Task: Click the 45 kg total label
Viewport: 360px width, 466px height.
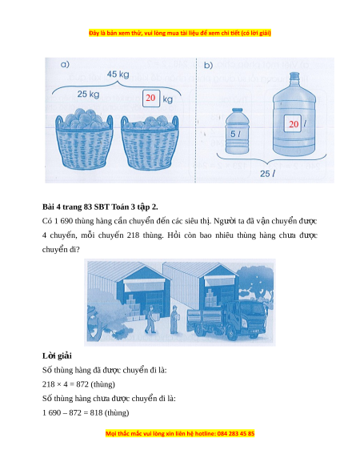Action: click(118, 74)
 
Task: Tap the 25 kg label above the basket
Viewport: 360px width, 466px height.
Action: click(88, 94)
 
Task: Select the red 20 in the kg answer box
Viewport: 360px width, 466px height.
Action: click(150, 98)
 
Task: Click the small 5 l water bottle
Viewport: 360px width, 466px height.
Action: click(237, 131)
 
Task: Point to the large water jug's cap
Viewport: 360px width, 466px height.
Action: click(294, 76)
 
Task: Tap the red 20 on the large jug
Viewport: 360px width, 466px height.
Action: click(294, 124)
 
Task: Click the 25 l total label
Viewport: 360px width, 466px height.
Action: click(267, 173)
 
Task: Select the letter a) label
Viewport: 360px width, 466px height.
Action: click(65, 64)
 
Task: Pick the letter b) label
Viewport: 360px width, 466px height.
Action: click(209, 65)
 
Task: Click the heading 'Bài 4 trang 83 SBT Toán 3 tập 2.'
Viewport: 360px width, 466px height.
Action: click(100, 207)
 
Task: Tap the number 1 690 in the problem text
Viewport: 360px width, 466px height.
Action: click(63, 221)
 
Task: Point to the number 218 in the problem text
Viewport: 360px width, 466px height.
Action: click(133, 235)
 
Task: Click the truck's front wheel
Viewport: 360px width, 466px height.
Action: click(232, 334)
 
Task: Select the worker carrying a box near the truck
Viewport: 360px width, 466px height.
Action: click(174, 319)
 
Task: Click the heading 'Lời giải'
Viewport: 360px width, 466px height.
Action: click(57, 356)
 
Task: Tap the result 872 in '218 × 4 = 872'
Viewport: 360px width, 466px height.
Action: click(82, 384)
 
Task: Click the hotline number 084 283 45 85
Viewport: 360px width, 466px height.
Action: click(236, 434)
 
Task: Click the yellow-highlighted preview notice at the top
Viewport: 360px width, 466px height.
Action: click(180, 33)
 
